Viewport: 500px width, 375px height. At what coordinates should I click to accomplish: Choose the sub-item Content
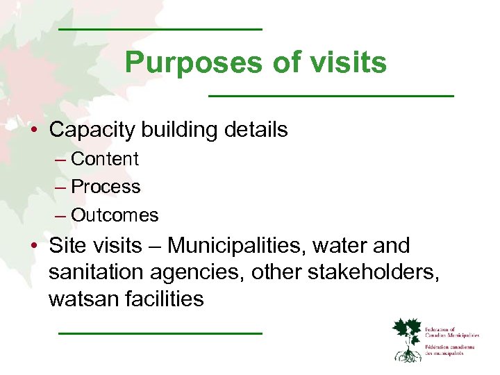[x=105, y=159]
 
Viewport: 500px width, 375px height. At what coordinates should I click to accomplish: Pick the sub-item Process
[x=106, y=187]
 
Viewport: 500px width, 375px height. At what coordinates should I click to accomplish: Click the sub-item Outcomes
[x=115, y=215]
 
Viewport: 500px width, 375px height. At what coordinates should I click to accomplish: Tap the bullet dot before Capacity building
[x=33, y=131]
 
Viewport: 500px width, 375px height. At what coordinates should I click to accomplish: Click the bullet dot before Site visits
[x=33, y=247]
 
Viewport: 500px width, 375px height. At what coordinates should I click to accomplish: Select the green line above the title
[x=160, y=30]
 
